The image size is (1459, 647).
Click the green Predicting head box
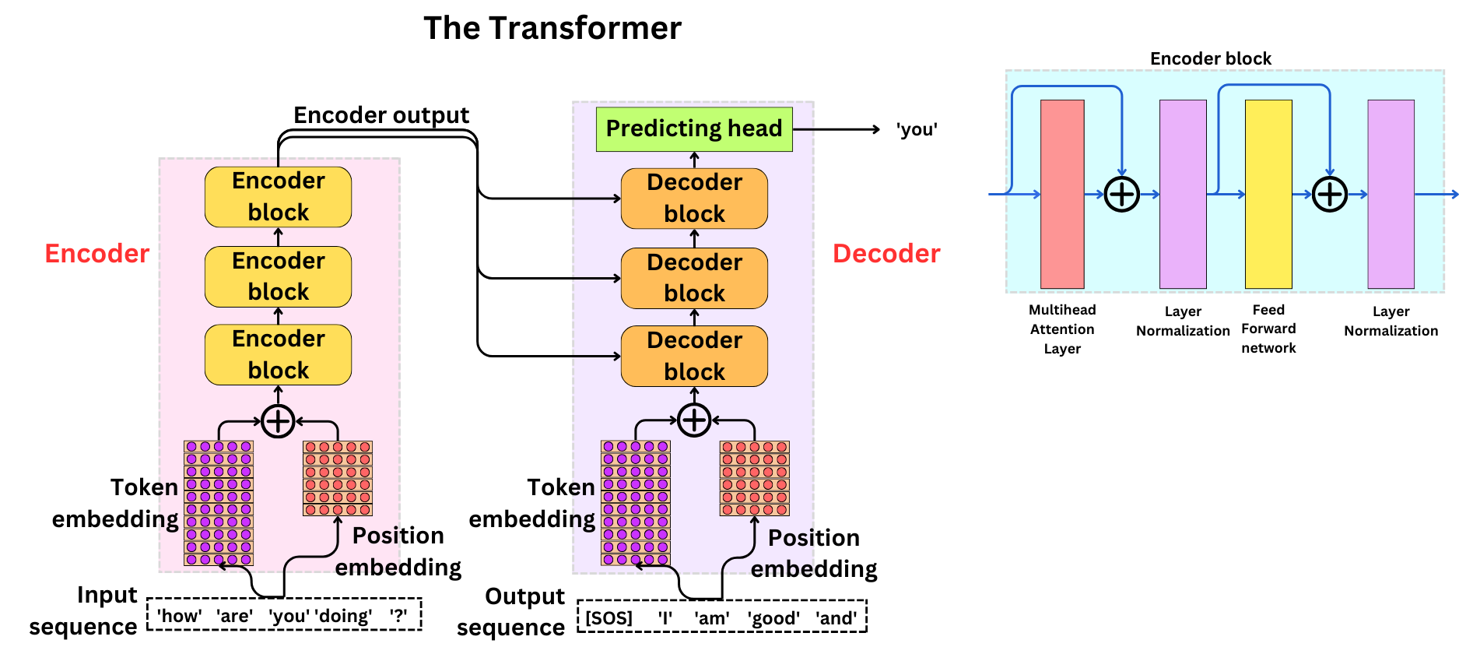pyautogui.click(x=693, y=128)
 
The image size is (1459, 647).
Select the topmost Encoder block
pyautogui.click(x=278, y=196)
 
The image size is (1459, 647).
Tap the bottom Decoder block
pyautogui.click(x=694, y=356)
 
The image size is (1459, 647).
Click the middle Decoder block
pyautogui.click(x=694, y=277)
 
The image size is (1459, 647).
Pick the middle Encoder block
pyautogui.click(x=278, y=276)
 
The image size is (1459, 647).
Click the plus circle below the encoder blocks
pyautogui.click(x=278, y=421)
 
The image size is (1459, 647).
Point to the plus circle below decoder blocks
pyautogui.click(x=694, y=421)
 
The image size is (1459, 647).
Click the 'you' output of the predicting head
pyautogui.click(x=917, y=129)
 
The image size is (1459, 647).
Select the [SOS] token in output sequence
pyautogui.click(x=609, y=618)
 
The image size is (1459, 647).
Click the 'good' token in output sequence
pyautogui.click(x=773, y=618)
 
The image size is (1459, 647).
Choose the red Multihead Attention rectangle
pyautogui.click(x=1062, y=194)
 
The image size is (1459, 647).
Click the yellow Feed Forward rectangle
pyautogui.click(x=1268, y=194)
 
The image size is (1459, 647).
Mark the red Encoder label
pyautogui.click(x=96, y=254)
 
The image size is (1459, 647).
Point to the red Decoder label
pyautogui.click(x=886, y=254)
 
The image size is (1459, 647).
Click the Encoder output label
pyautogui.click(x=381, y=115)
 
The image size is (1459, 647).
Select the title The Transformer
pyautogui.click(x=552, y=28)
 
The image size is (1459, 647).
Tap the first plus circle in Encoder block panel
pyautogui.click(x=1122, y=194)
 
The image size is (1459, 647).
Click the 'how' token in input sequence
pyautogui.click(x=179, y=616)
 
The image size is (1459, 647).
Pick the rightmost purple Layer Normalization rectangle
pyautogui.click(x=1391, y=194)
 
